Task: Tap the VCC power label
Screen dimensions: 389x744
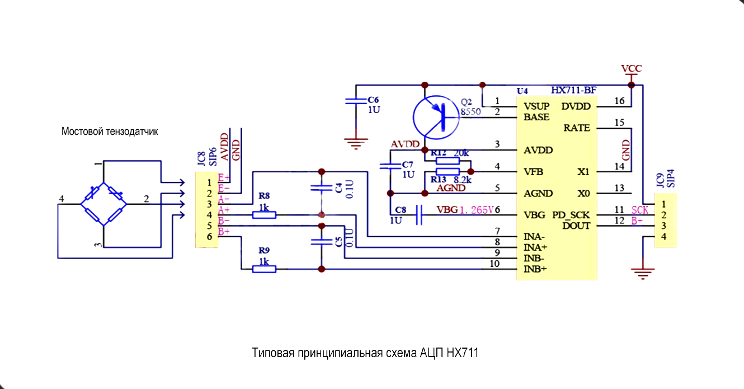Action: [x=632, y=69]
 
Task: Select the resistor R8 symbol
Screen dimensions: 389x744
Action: [x=264, y=214]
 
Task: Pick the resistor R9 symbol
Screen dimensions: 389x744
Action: [x=264, y=269]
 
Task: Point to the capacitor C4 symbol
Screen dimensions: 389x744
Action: [x=321, y=188]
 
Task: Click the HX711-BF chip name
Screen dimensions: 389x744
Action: [x=573, y=90]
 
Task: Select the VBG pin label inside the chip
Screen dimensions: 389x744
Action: [x=534, y=215]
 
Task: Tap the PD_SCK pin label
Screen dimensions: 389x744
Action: [x=571, y=215]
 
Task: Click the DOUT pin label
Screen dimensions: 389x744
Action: [x=576, y=226]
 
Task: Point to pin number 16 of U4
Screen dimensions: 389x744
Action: [x=619, y=101]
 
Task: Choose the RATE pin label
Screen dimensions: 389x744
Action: [x=577, y=128]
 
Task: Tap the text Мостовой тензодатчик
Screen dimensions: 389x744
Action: [x=110, y=132]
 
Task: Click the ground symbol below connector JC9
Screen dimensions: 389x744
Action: [x=643, y=273]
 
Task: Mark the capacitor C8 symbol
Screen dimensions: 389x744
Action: [x=419, y=215]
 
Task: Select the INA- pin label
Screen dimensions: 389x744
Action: [x=535, y=237]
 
